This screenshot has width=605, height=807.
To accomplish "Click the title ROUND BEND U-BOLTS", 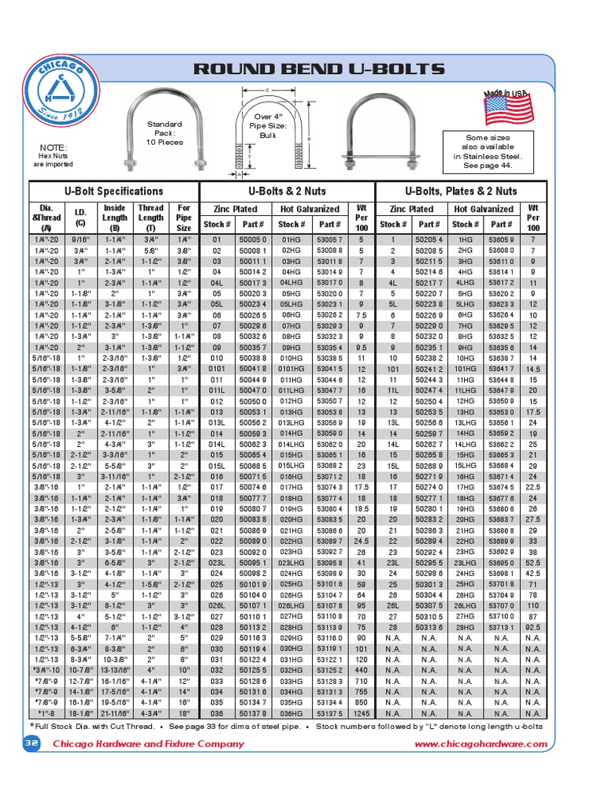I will coord(319,69).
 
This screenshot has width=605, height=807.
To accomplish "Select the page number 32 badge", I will coord(32,744).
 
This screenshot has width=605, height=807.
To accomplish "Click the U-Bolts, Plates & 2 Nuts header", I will coord(460,191).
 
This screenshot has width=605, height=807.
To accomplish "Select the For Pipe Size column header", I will coord(184,218).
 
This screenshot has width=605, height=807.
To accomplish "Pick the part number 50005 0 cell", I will coord(253,239).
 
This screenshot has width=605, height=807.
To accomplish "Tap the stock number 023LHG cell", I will coord(291,563).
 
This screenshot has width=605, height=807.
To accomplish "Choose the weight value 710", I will coord(361,679).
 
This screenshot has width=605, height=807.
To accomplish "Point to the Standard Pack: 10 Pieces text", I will coord(165,132).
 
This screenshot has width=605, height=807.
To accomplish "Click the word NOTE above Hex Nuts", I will coord(54,147).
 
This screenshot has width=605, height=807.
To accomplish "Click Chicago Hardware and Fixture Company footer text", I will coord(148,744).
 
